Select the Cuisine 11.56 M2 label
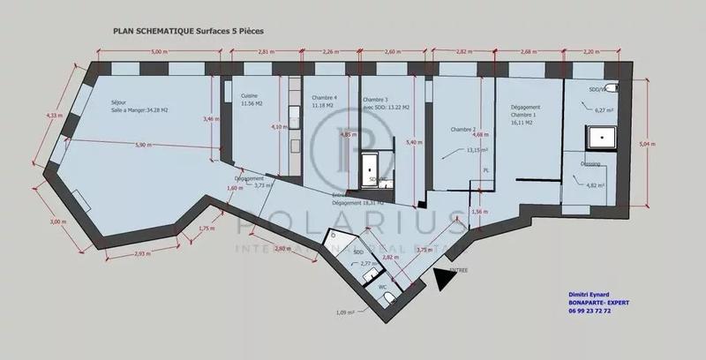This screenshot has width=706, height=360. click(x=241, y=100)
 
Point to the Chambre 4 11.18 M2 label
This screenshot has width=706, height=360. click(x=323, y=101)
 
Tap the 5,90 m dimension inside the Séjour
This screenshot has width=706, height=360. click(x=141, y=144)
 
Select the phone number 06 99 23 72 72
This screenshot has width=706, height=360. click(x=603, y=311)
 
